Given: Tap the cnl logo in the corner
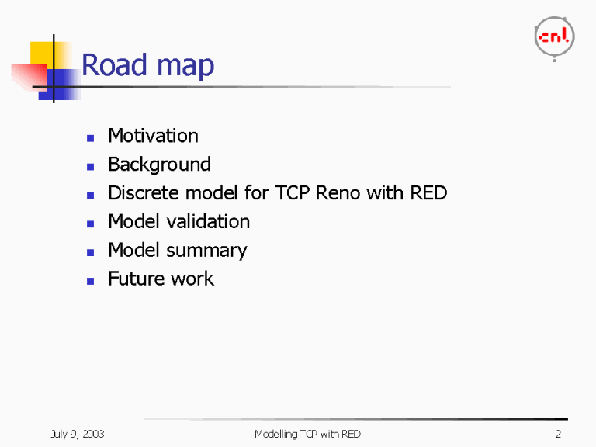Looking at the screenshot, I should (554, 37).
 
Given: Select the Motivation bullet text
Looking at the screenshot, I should (153, 136).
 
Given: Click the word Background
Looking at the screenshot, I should (159, 165).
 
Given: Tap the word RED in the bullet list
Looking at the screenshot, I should (428, 192).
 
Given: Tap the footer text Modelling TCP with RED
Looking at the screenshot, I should (307, 434).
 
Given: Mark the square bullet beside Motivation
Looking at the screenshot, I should (91, 137).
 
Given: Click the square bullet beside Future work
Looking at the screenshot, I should (91, 280).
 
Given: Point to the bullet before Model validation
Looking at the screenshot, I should (91, 223).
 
